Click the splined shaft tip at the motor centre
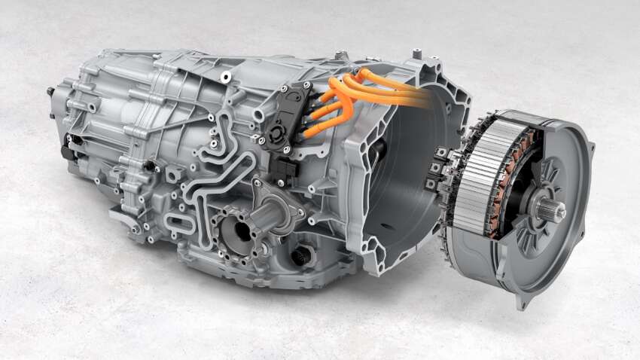point(559,212)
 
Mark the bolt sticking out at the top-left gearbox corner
point(51,91)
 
